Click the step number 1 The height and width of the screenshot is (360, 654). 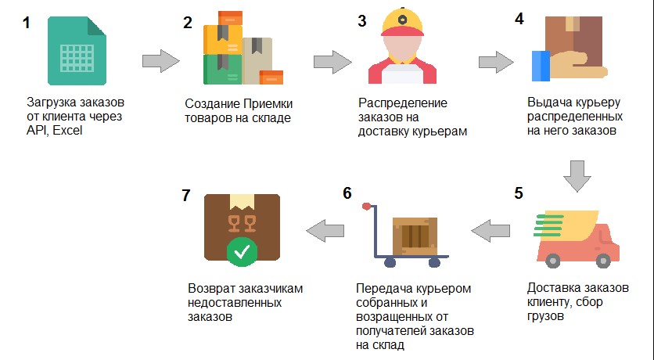27,23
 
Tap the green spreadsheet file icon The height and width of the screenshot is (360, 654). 77,51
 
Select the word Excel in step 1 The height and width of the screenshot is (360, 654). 67,131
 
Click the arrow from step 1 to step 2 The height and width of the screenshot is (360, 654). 161,61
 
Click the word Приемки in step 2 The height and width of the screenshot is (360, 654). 268,104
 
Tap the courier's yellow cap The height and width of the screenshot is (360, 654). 402,23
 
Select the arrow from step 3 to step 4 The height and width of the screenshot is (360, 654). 332,62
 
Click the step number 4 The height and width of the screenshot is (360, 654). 519,19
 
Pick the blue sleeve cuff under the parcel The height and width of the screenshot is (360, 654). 541,66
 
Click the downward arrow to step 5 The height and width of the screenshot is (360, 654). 577,176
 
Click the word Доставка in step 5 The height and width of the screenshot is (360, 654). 551,288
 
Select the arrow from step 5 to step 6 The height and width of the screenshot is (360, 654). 490,231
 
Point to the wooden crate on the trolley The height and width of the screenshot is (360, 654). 415,236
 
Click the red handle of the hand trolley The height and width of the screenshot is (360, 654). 366,206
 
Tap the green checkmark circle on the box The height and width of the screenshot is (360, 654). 242,252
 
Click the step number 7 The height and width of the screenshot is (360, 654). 186,195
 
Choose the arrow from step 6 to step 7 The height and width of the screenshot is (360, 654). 325,231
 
